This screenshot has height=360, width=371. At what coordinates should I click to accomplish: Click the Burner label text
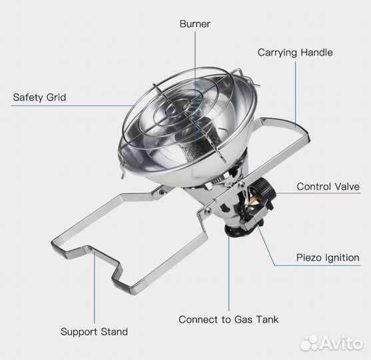194,24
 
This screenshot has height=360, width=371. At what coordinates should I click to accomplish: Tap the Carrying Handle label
295,53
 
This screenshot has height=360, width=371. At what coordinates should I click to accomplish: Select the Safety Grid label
39,97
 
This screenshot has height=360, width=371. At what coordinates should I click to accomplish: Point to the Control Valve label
328,187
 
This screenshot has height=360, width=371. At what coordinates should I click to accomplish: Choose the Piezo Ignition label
328,258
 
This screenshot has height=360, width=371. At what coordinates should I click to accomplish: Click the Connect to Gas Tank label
228,319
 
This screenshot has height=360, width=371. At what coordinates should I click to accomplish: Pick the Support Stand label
94,332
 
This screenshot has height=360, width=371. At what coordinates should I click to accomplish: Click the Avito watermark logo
331,343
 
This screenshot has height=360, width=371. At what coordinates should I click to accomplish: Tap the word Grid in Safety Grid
56,97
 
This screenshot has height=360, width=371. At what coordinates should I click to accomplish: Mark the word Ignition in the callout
342,258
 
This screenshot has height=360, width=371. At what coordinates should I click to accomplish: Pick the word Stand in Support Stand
114,331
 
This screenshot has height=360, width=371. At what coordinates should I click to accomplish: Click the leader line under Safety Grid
72,105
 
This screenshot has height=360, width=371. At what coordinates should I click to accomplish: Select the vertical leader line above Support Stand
94,287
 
